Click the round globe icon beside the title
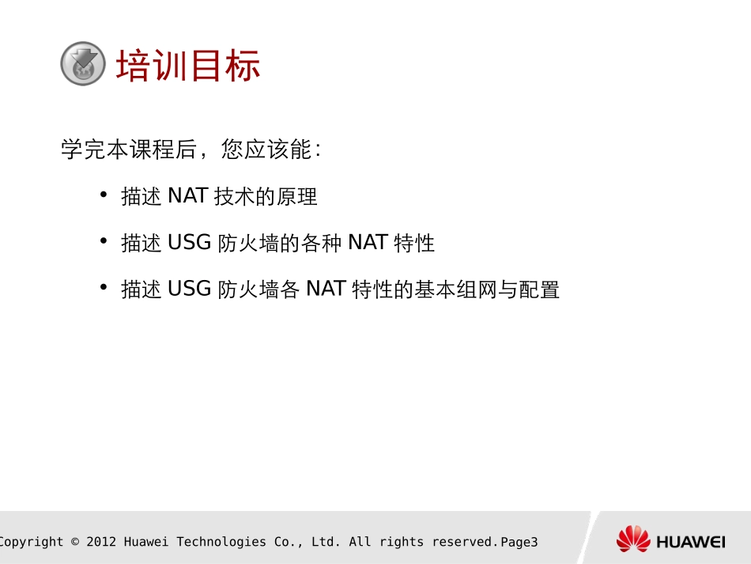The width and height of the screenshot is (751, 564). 83,64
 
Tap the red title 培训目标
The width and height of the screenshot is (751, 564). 188,66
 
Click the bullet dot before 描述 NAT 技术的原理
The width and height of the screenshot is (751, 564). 104,195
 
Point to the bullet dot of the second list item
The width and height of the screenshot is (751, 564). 104,241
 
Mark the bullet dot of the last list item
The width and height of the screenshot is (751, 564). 104,288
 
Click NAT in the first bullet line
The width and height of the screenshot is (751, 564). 187,196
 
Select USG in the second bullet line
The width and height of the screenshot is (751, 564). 190,243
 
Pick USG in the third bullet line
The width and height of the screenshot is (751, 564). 190,290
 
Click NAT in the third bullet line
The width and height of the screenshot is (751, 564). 326,290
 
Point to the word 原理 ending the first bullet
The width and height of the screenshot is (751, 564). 297,196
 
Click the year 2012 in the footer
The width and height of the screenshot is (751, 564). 101,542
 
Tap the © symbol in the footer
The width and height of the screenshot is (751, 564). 75,542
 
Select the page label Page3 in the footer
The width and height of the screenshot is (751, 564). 519,542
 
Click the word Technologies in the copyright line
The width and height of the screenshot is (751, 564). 221,542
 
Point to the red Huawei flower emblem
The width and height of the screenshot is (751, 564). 633,539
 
